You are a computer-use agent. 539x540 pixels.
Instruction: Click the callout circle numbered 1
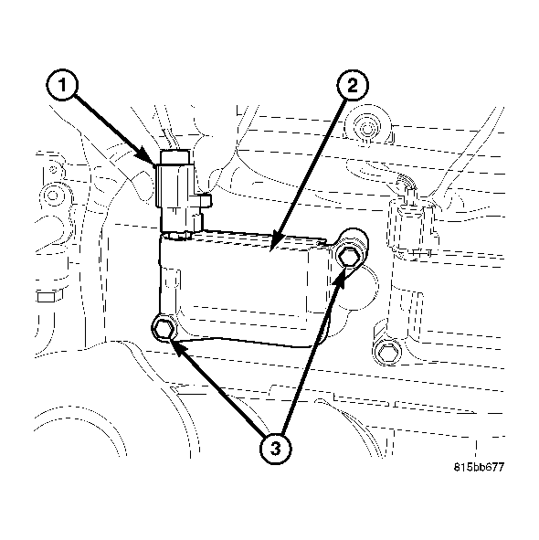coord(63,89)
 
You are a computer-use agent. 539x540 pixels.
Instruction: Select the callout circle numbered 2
coord(353,89)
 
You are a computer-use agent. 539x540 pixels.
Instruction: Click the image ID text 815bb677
coord(479,467)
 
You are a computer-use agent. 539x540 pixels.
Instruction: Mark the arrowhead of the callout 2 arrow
coord(276,245)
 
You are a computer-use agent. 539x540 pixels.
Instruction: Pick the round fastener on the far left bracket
coord(57,196)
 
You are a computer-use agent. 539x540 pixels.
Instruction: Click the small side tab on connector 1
coord(206,198)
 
